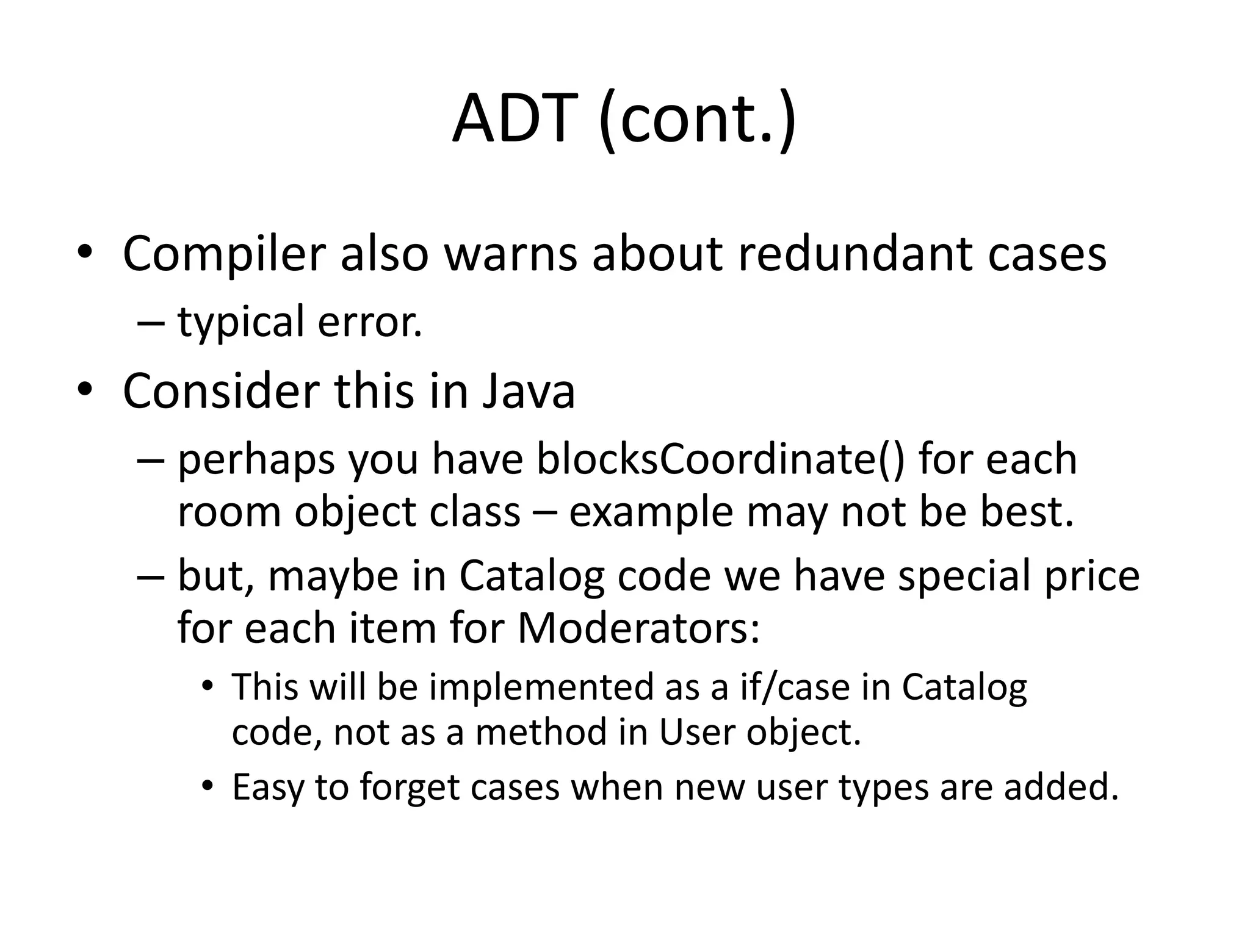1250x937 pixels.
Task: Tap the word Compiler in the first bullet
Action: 223,253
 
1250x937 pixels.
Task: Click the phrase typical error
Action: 300,321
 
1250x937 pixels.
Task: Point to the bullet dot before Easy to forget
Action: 208,786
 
